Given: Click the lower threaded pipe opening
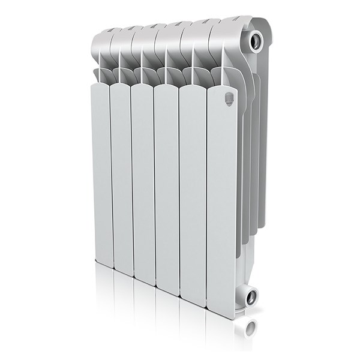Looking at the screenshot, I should pos(250,296).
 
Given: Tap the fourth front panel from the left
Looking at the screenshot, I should pos(166,192).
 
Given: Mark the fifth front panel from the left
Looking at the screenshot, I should pos(192,198).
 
